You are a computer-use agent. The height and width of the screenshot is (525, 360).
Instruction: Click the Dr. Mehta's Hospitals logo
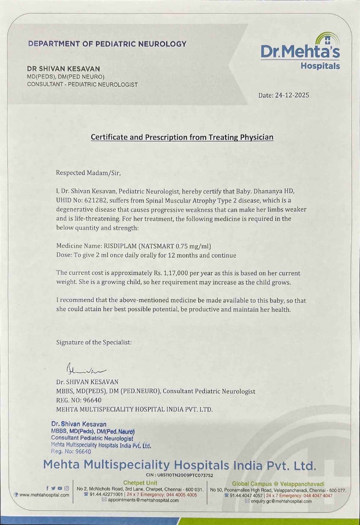click(x=300, y=52)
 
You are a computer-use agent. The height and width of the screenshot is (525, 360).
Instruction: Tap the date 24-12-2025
click(x=292, y=95)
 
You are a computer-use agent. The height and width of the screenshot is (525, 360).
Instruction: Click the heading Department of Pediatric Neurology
click(x=107, y=44)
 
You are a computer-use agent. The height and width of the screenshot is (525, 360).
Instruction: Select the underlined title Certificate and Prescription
click(x=182, y=137)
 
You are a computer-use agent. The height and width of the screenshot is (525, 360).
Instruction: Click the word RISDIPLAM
click(x=120, y=246)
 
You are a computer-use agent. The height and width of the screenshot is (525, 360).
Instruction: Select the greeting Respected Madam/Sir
click(x=88, y=173)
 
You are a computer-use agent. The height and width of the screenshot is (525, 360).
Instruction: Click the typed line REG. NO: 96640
click(x=79, y=400)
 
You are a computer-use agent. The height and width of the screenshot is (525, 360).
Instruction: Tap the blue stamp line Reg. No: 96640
click(x=71, y=451)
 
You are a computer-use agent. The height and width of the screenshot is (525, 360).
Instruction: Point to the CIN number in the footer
click(x=180, y=475)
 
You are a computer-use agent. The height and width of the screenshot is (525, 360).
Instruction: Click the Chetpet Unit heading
click(x=140, y=483)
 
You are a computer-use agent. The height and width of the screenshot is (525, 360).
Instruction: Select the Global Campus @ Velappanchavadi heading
click(x=278, y=484)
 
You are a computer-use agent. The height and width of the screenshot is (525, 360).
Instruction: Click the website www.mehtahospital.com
click(x=44, y=495)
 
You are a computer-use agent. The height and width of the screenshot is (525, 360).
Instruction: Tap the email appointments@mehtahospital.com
click(x=143, y=500)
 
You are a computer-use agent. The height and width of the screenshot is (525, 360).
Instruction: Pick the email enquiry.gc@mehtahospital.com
click(x=281, y=501)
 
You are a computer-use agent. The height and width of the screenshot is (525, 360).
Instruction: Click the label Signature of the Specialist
click(x=94, y=342)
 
